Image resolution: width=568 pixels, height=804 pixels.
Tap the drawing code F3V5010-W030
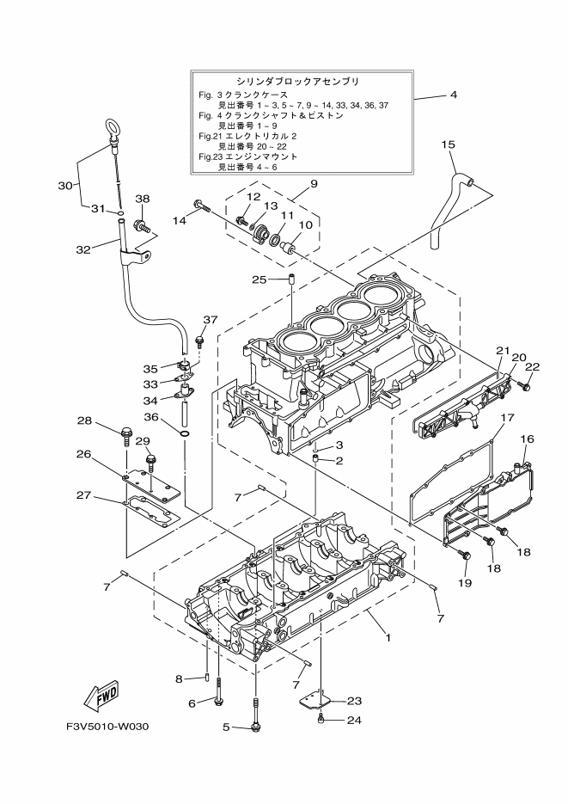[107, 727]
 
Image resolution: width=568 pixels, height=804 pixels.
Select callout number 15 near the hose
[448, 145]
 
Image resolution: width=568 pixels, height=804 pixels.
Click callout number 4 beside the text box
[453, 95]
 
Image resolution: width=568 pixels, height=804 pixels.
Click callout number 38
[142, 199]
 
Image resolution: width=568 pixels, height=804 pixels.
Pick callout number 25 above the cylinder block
[260, 279]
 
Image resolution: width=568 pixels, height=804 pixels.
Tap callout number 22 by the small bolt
[532, 366]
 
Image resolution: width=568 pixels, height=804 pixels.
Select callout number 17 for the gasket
[507, 418]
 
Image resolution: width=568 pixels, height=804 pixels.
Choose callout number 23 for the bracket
[354, 700]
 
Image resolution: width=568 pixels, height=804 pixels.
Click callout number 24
[354, 720]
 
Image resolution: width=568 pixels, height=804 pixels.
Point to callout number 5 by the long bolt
[227, 727]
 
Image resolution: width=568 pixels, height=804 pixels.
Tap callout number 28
[84, 420]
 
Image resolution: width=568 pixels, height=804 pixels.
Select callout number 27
[83, 495]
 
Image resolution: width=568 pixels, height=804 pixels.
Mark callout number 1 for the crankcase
[388, 638]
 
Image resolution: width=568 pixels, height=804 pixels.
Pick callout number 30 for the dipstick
[65, 186]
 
